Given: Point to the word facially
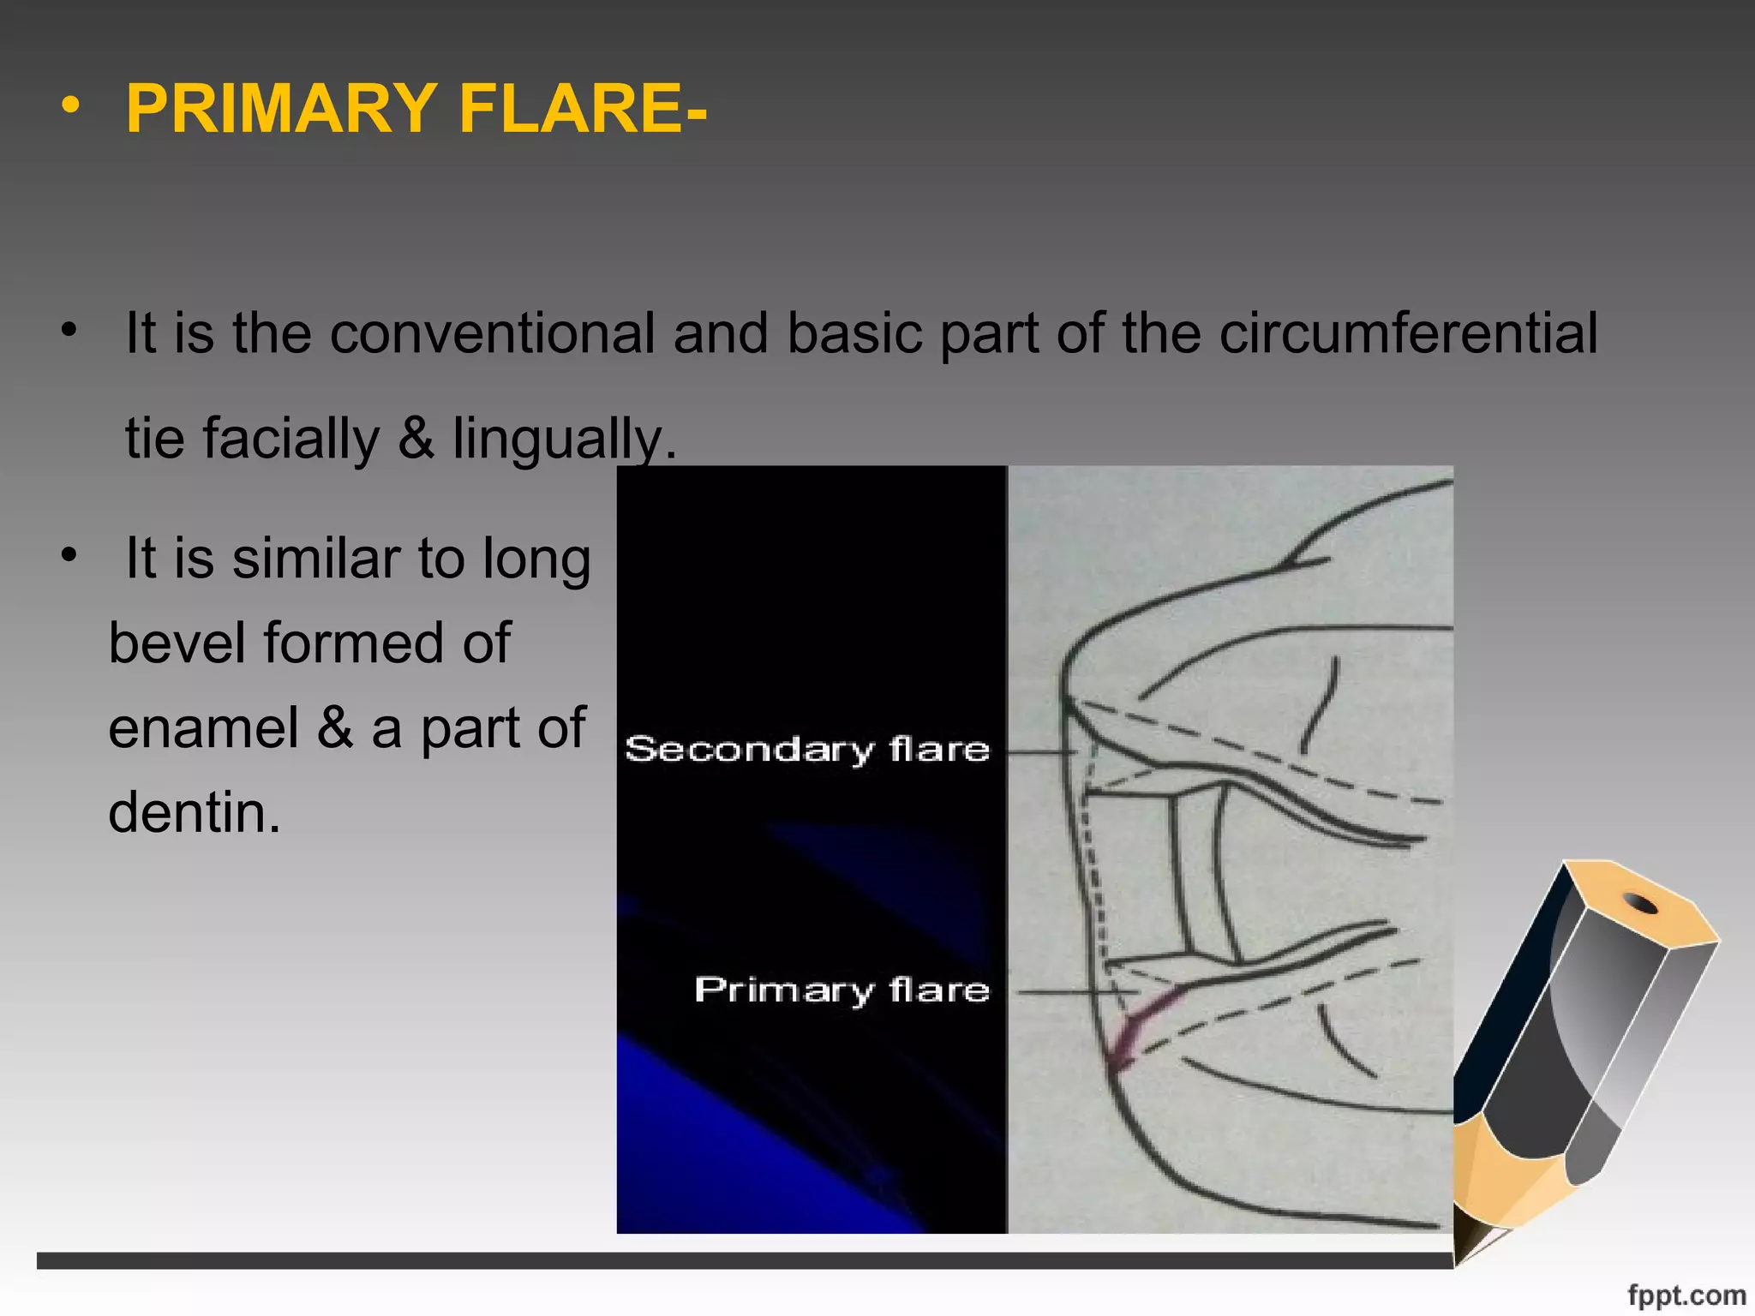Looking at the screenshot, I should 291,439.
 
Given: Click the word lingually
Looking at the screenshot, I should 564,439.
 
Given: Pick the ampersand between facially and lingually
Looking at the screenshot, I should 416,439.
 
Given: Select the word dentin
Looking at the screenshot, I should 195,811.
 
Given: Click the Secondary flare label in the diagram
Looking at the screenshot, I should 807,750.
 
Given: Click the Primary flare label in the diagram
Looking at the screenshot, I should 842,990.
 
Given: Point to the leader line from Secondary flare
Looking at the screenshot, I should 1041,752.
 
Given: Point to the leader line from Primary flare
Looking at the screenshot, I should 1075,992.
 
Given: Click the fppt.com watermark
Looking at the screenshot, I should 1686,1295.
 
